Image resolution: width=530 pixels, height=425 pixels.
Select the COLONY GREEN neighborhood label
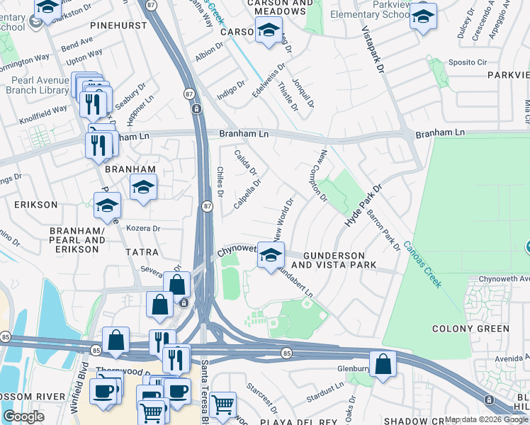coord(470,329)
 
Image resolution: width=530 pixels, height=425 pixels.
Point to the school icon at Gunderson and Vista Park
coord(270,256)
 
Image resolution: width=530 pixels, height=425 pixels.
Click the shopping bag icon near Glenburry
coord(383,364)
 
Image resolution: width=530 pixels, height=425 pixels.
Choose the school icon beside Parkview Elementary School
coord(423,16)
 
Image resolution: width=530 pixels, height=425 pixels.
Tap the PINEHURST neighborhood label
coord(117,25)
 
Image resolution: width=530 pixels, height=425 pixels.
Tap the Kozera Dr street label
coord(143,229)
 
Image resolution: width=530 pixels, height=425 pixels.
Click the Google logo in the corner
coord(23,416)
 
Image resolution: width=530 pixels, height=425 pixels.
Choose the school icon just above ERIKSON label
coord(107,206)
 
